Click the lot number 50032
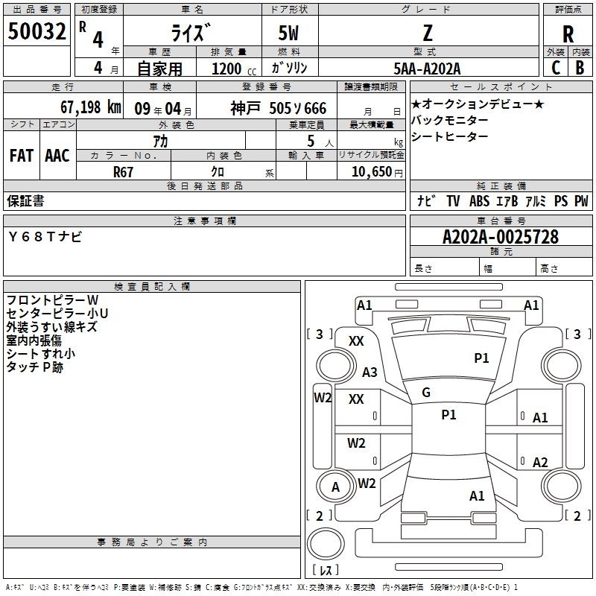[37, 31]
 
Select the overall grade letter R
[568, 34]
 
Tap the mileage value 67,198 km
[90, 107]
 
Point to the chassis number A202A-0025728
[501, 237]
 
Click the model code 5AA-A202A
[427, 69]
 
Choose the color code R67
[123, 172]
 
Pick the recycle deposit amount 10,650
[372, 172]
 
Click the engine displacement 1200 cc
[234, 69]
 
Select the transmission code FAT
[22, 156]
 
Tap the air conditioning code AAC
[57, 156]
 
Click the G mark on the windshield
[426, 393]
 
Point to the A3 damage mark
[370, 372]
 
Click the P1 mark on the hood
[481, 358]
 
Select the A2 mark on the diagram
[540, 462]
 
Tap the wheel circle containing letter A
[336, 487]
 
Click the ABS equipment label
[479, 201]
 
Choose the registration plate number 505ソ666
[297, 109]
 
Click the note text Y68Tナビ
[45, 237]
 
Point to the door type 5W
[288, 34]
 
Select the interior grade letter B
[580, 68]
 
